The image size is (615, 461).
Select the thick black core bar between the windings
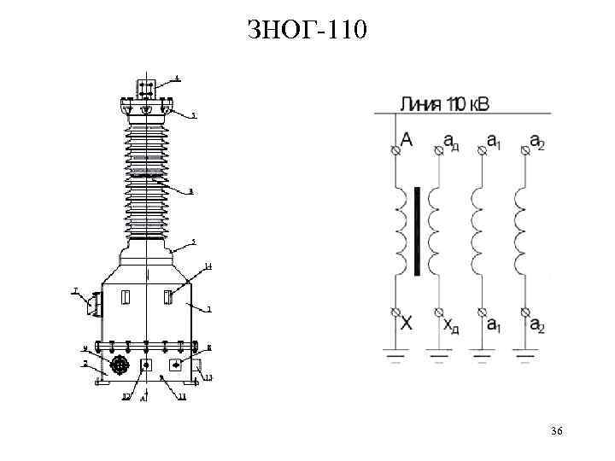click(x=417, y=231)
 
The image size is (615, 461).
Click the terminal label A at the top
click(x=407, y=139)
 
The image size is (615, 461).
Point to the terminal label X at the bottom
click(x=407, y=324)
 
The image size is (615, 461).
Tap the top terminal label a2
click(x=536, y=140)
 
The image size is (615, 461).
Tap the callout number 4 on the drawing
click(x=178, y=78)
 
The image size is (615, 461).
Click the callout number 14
click(x=208, y=267)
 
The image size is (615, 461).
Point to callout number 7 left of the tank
click(x=76, y=291)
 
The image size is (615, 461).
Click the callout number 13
click(x=208, y=377)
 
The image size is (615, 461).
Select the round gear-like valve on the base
click(x=120, y=365)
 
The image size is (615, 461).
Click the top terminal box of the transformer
click(x=145, y=89)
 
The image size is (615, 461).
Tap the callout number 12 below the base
click(x=126, y=397)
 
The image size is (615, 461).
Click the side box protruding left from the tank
click(x=93, y=302)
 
